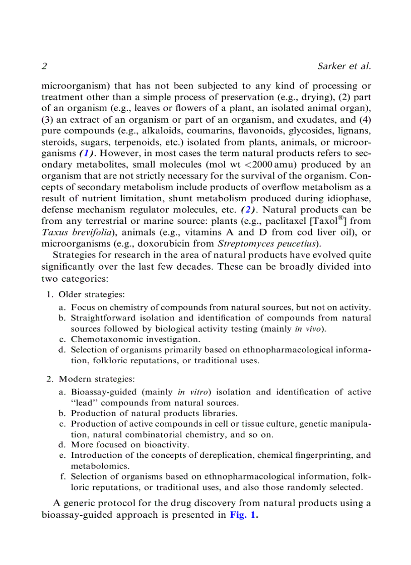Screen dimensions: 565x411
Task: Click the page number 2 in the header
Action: tap(44, 66)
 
